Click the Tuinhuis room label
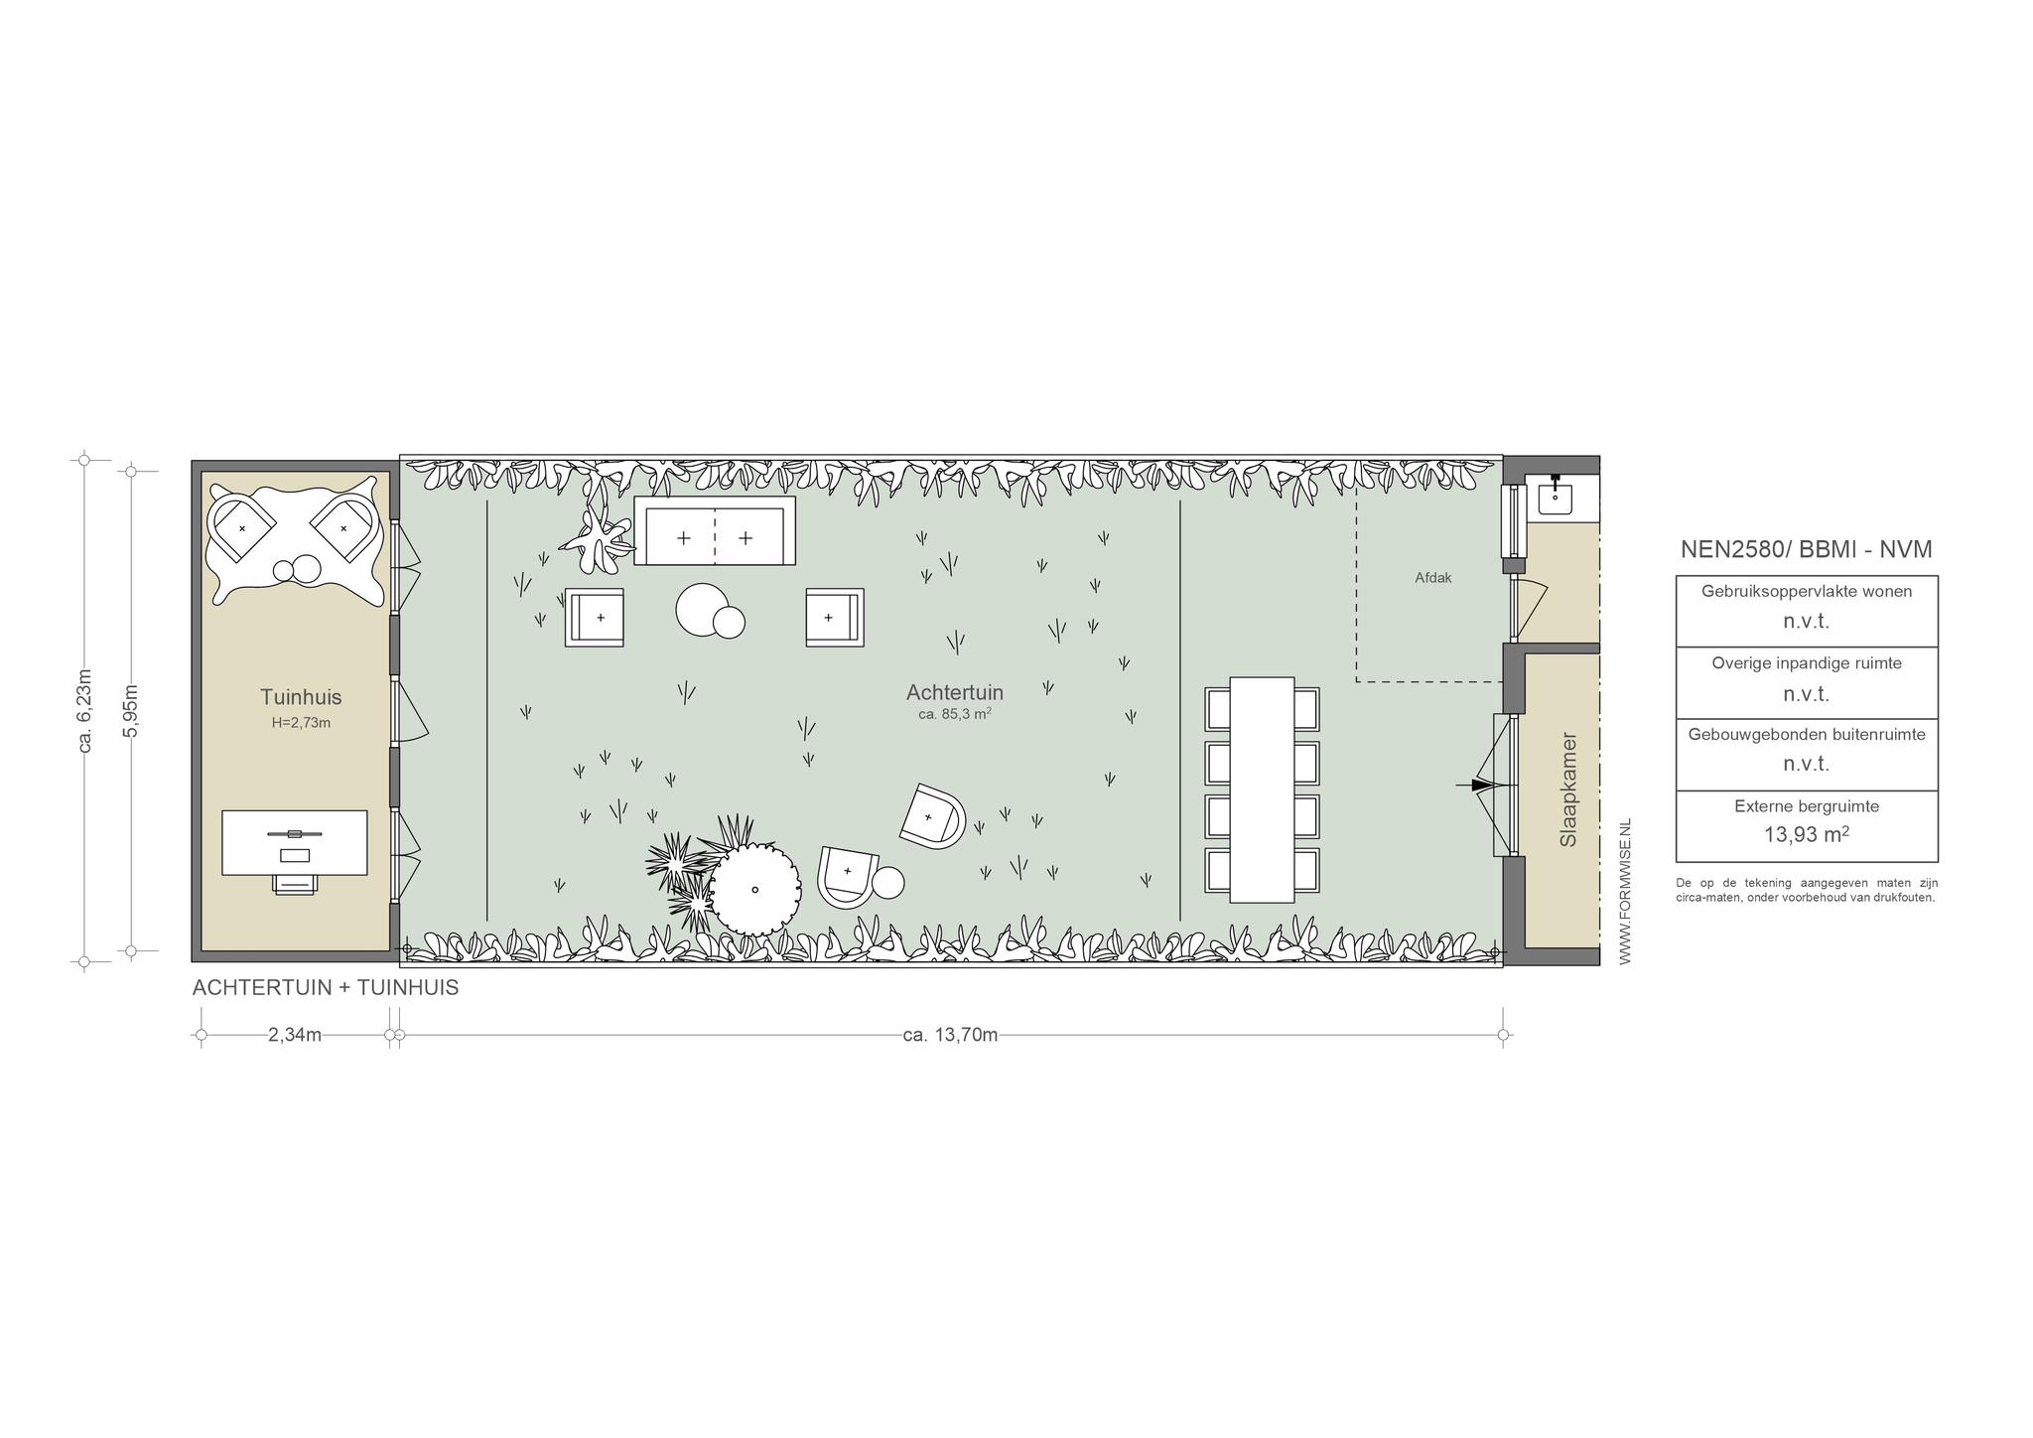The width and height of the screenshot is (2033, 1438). click(x=301, y=697)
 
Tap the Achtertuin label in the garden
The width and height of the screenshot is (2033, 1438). click(x=955, y=692)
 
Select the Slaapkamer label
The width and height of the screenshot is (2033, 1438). click(x=1568, y=790)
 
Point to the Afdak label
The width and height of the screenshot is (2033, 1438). click(x=1433, y=577)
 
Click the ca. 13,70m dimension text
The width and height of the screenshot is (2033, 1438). click(x=950, y=1035)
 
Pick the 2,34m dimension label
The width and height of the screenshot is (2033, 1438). click(x=295, y=1035)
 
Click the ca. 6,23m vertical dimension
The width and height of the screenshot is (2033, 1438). click(x=84, y=710)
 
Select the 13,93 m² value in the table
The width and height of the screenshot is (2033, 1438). click(x=1807, y=834)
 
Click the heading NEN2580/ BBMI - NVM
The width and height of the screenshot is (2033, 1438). click(x=1807, y=549)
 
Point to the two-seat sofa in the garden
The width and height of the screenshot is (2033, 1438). click(x=715, y=530)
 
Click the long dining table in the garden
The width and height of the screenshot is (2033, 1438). click(x=1262, y=790)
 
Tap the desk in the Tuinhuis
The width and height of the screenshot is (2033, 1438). click(x=294, y=842)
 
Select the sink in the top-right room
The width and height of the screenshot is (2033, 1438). click(x=1555, y=495)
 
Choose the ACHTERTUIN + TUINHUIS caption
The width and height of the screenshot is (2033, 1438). click(x=326, y=988)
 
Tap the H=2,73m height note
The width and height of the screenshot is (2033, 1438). click(x=301, y=723)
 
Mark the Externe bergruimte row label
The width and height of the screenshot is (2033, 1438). click(x=1807, y=806)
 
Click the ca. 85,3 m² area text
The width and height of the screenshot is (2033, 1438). click(x=955, y=713)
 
